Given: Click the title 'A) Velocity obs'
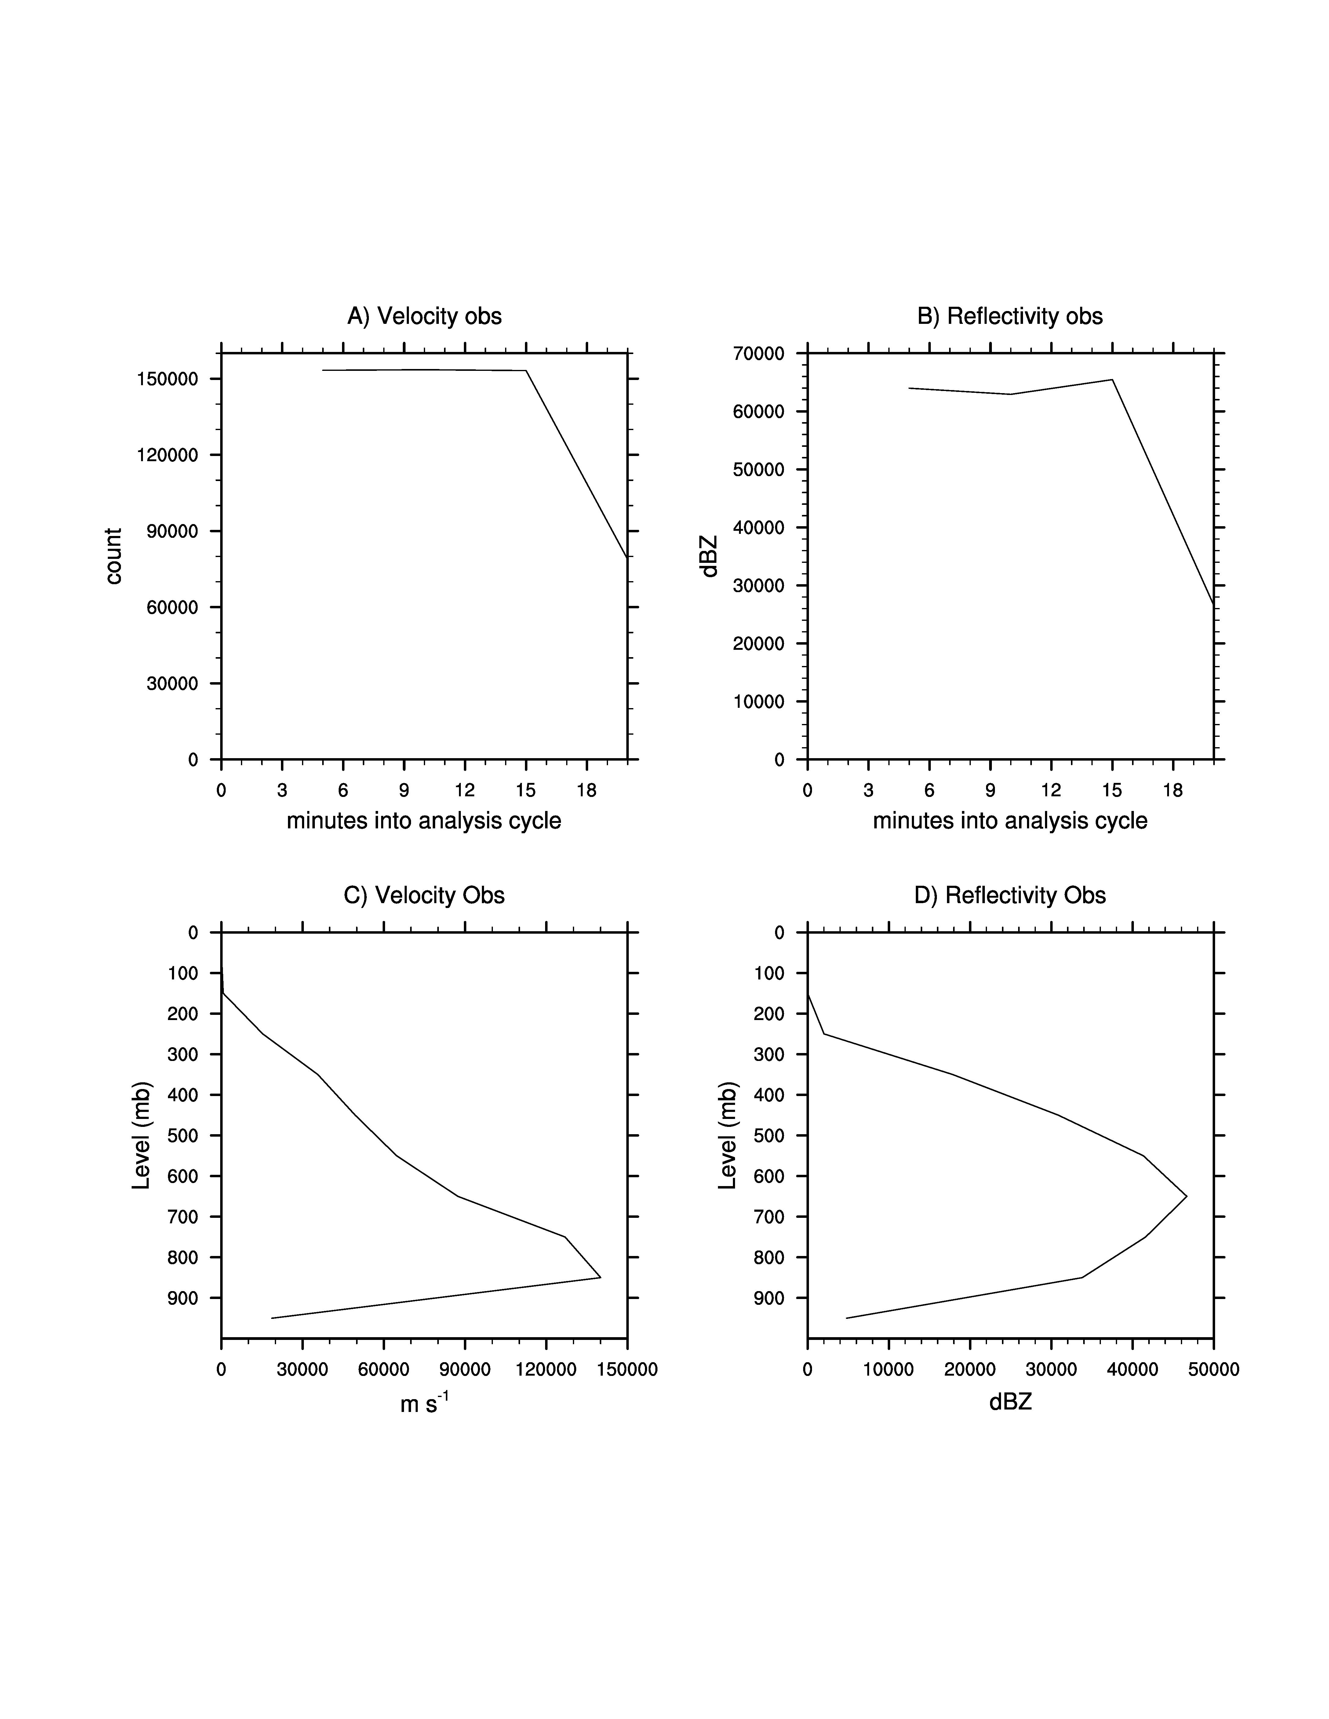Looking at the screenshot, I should pyautogui.click(x=424, y=317).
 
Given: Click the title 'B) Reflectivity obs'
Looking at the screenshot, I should pyautogui.click(x=1010, y=317).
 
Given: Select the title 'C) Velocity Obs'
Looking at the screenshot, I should pyautogui.click(x=424, y=896).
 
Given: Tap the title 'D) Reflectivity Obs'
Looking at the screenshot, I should pyautogui.click(x=1010, y=896).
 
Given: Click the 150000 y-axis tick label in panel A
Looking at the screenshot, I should pyautogui.click(x=168, y=379).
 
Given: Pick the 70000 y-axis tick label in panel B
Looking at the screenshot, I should pyautogui.click(x=759, y=354).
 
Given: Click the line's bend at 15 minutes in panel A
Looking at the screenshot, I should pyautogui.click(x=526, y=371).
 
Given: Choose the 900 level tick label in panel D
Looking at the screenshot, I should pyautogui.click(x=769, y=1298).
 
